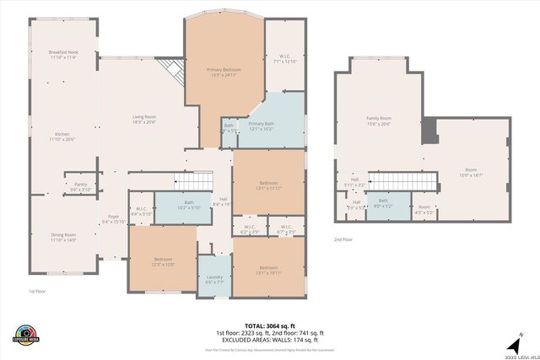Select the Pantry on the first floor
81,186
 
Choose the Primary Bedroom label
224,70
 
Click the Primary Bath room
262,126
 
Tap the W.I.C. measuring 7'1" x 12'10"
284,59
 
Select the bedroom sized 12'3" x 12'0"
164,261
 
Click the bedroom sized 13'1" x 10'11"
268,270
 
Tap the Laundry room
214,280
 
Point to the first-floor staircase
193,180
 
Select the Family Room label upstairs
379,121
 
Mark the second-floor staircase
404,180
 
